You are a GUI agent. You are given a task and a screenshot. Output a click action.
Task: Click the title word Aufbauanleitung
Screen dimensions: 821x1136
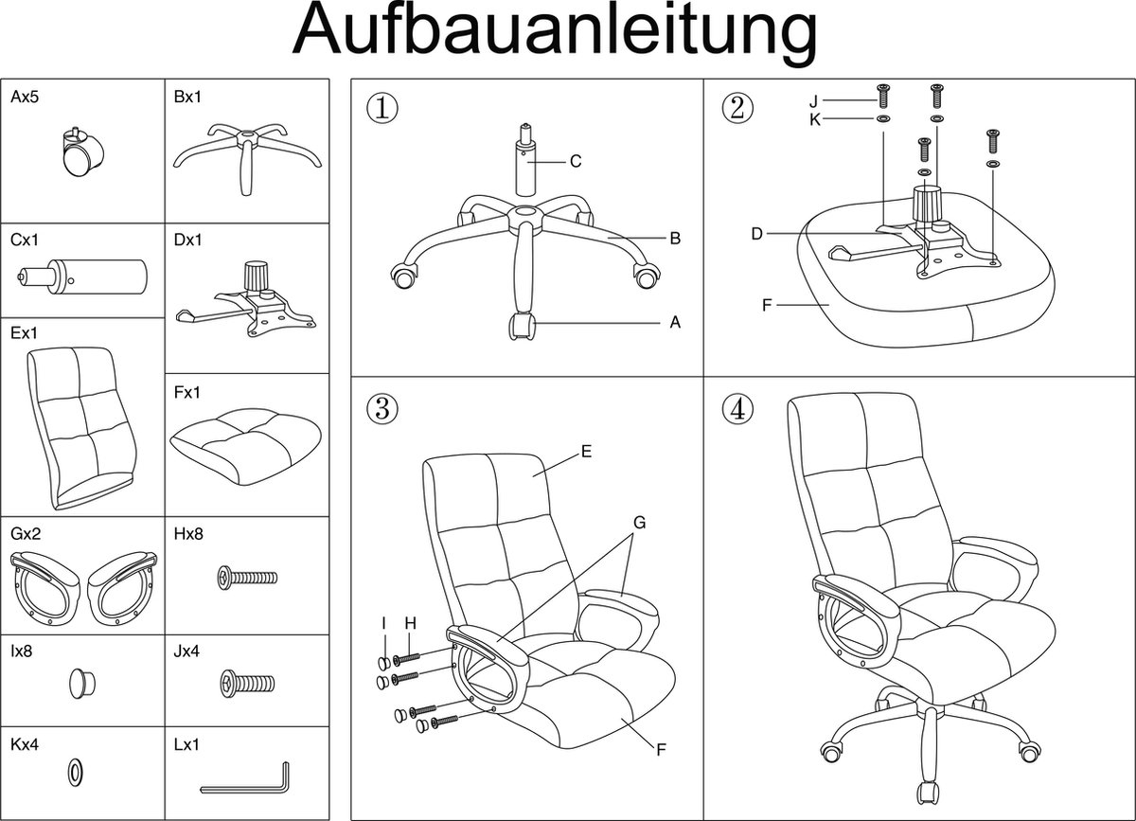(x=555, y=33)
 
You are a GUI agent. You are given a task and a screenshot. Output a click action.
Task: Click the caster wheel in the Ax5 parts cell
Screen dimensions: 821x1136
(x=80, y=152)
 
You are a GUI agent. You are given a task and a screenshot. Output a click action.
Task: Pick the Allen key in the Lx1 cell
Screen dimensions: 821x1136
(x=248, y=777)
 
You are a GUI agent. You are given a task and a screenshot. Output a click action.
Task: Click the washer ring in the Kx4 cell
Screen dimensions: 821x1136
(x=74, y=772)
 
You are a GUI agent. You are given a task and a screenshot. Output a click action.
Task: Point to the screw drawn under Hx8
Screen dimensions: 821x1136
(x=247, y=576)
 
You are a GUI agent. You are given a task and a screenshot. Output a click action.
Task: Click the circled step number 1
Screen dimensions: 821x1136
(x=382, y=107)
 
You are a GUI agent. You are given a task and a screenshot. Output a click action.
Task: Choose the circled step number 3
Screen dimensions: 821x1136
(x=382, y=409)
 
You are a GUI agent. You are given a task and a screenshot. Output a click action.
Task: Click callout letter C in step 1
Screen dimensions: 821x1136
(x=575, y=162)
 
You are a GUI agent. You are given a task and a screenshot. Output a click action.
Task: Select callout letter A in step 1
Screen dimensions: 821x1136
(x=675, y=323)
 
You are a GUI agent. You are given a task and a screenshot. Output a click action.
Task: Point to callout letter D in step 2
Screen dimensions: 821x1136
(x=757, y=234)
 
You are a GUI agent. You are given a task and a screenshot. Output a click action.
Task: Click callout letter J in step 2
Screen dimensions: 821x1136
(x=813, y=100)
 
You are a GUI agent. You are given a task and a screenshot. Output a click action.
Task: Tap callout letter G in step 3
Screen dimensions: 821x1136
(x=640, y=522)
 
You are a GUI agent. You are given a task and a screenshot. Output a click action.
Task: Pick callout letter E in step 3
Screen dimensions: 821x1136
(x=586, y=453)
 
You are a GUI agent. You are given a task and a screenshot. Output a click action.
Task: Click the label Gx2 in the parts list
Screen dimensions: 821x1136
(x=26, y=534)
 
